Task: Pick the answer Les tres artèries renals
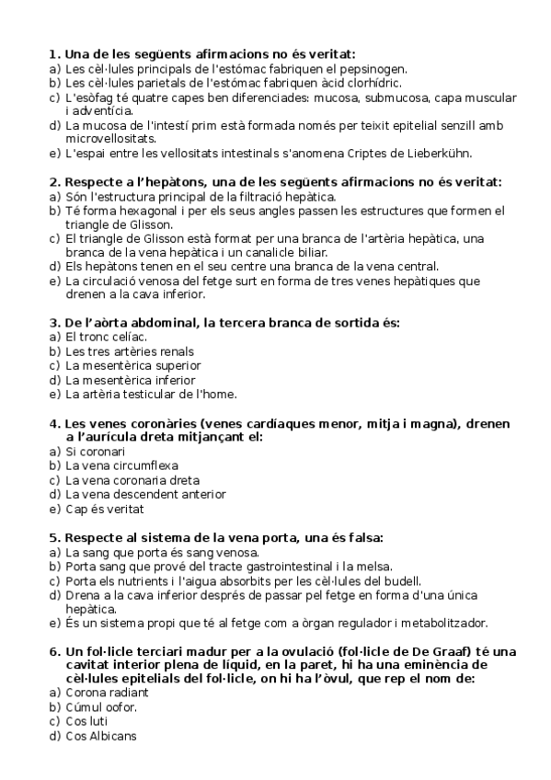(117, 351)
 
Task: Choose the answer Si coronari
(95, 452)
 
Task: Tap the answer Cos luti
(86, 721)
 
